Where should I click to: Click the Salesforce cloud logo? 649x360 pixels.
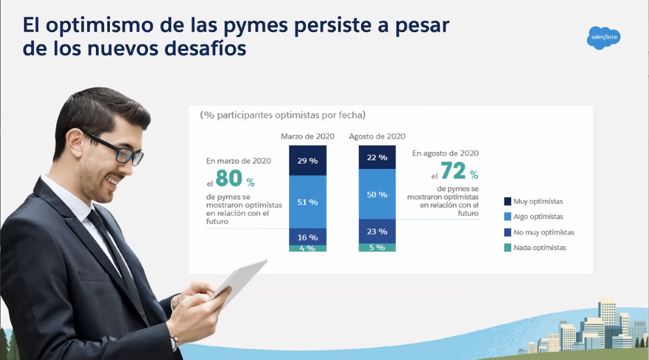(x=604, y=38)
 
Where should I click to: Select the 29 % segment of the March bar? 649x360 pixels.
(x=307, y=160)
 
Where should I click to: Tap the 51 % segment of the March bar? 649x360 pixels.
(x=307, y=202)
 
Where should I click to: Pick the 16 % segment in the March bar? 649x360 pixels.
(x=307, y=237)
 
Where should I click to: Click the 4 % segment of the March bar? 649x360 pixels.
(x=307, y=248)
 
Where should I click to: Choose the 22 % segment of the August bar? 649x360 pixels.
(x=377, y=157)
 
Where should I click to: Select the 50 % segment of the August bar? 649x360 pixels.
(x=377, y=194)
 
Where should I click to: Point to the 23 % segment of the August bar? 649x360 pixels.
(x=377, y=231)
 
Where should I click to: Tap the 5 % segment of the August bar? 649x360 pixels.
(x=377, y=247)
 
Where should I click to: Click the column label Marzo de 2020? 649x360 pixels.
(x=307, y=136)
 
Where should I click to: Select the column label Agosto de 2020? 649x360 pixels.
(x=377, y=136)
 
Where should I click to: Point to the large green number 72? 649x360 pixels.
(x=453, y=172)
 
